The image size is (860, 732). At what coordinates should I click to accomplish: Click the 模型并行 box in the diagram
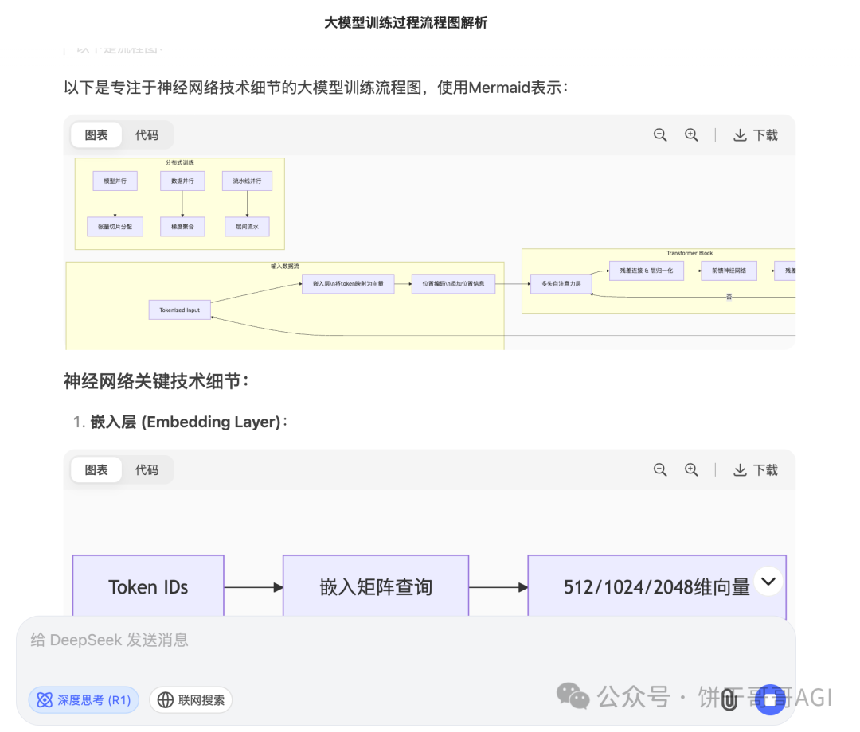click(115, 181)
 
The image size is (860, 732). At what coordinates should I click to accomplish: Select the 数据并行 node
click(182, 181)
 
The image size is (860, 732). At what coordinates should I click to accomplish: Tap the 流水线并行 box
click(247, 181)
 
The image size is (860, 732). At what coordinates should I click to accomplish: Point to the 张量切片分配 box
click(115, 227)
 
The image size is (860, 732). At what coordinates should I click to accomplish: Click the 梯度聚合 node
click(182, 227)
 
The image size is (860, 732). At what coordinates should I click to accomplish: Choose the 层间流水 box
click(247, 227)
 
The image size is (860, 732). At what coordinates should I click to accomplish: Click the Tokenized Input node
click(180, 310)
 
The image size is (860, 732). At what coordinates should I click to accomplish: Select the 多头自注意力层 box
click(561, 283)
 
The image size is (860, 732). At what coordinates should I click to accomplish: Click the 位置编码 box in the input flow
click(453, 283)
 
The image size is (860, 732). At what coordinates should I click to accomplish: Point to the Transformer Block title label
click(690, 253)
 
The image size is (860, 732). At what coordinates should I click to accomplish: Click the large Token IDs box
click(148, 587)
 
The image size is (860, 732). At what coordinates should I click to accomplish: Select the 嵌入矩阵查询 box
click(376, 587)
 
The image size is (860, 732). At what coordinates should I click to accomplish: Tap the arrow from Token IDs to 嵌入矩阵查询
click(253, 587)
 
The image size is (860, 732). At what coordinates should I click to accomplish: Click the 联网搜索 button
click(191, 700)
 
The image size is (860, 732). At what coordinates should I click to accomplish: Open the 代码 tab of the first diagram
click(147, 135)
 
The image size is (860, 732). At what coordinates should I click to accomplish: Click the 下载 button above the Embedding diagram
click(756, 470)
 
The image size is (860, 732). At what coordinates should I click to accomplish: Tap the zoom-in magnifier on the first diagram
click(691, 135)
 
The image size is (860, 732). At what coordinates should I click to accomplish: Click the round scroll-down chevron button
click(768, 582)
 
